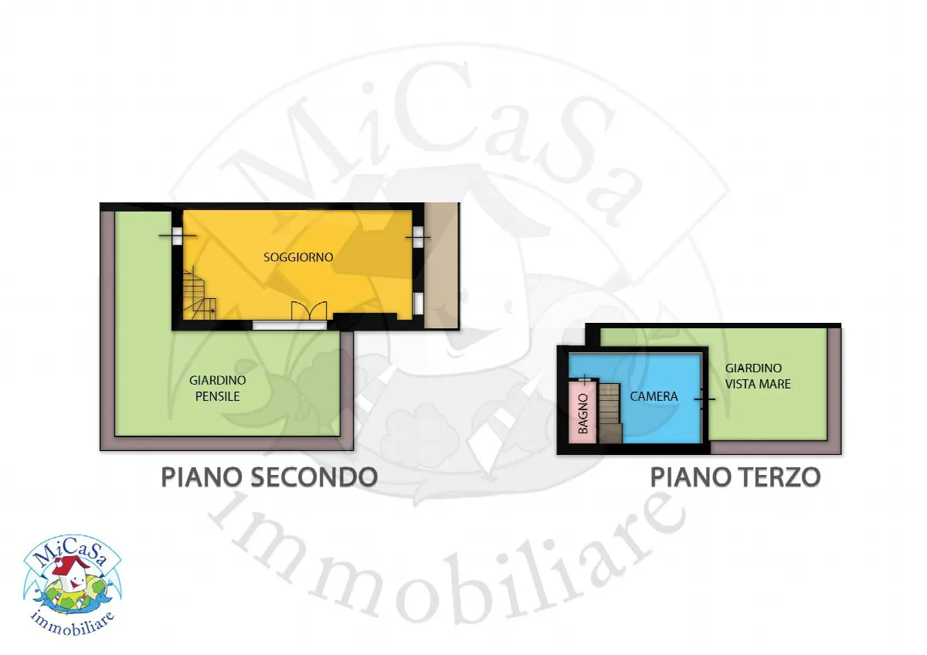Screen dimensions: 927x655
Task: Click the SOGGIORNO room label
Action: coord(298,257)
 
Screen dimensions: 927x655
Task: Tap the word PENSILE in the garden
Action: coord(217,396)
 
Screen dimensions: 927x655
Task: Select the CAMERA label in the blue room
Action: coord(654,396)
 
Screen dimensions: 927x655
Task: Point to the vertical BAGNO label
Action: coord(582,414)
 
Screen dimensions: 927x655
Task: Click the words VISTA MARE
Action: coord(758,384)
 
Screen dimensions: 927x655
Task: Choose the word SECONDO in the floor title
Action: coord(314,477)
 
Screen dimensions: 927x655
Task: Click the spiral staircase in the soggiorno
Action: coord(199,294)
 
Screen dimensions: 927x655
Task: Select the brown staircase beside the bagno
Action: coord(610,413)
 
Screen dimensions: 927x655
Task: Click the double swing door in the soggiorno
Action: coord(309,311)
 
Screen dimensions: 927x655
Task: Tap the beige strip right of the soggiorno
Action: coord(442,266)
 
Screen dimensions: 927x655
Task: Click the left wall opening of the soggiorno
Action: coord(177,236)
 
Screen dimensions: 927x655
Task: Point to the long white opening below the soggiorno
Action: coord(290,326)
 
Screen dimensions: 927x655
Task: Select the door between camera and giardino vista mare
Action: coord(705,399)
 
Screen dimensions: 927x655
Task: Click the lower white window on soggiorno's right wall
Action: coord(419,303)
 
